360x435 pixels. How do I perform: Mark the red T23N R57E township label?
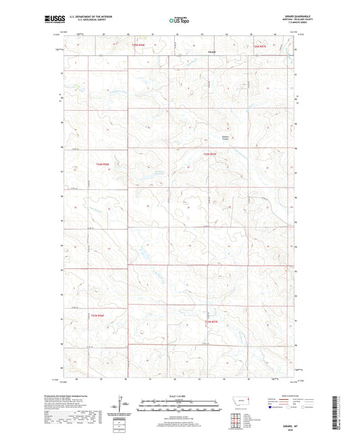[211, 322]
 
